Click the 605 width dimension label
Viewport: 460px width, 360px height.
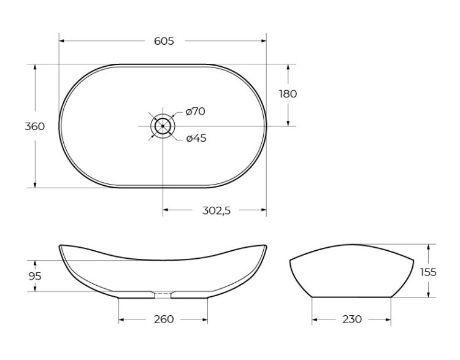point(164,41)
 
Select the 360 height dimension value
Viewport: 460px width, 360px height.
point(34,126)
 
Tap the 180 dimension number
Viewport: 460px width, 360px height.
point(288,94)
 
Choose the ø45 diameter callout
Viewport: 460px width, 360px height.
point(196,138)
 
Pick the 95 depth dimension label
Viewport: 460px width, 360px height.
point(35,276)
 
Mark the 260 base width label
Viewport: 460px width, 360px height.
point(164,319)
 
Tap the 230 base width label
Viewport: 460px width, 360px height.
point(351,319)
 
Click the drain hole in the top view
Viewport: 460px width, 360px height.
point(163,126)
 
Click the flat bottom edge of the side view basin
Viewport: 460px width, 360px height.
point(351,297)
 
